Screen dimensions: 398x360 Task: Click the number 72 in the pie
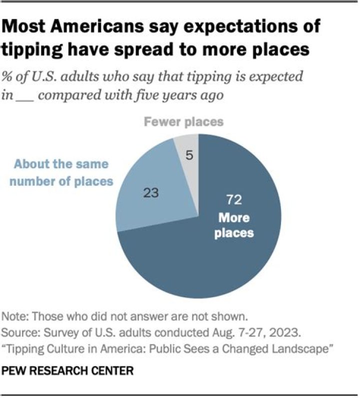(234, 200)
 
